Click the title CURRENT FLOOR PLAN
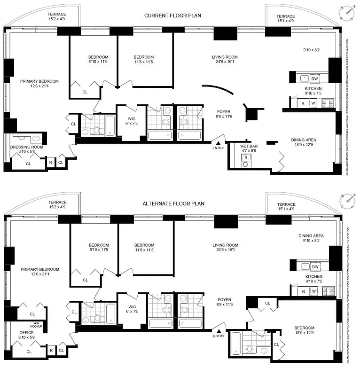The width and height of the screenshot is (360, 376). (x=172, y=16)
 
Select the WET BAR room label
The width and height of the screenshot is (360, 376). (x=249, y=149)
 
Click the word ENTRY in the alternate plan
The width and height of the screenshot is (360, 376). (x=219, y=336)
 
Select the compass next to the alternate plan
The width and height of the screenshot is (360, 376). (x=346, y=201)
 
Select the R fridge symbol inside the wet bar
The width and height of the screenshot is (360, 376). (x=245, y=157)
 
